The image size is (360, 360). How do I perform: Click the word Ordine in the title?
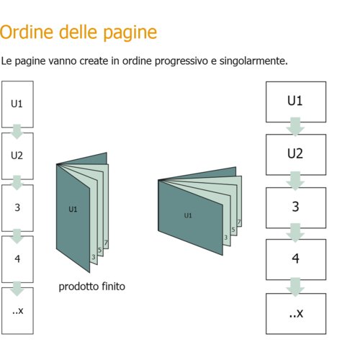(27, 32)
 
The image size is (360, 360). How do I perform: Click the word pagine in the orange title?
(130, 34)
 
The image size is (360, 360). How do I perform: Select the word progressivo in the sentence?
(181, 61)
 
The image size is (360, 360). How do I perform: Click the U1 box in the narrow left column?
(17, 104)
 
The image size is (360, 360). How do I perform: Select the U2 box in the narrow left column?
(17, 156)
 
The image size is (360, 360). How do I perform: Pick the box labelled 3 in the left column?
(17, 208)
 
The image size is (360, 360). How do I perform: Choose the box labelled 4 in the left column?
(17, 259)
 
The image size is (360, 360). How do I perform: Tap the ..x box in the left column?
(17, 311)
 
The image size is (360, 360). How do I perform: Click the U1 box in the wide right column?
(296, 102)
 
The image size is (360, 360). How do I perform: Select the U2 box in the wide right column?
(296, 155)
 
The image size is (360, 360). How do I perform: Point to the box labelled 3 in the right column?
(296, 207)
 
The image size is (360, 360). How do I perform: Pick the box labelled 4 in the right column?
(296, 259)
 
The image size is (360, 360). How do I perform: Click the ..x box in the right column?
(296, 314)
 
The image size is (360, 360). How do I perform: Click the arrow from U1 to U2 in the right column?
(295, 127)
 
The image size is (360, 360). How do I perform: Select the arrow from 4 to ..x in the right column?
(295, 287)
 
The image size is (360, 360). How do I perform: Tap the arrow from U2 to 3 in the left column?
(17, 183)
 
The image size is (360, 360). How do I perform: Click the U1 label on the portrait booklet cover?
(73, 210)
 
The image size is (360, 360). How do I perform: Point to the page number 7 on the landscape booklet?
(239, 222)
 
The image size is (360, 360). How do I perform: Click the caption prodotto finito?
(92, 287)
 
